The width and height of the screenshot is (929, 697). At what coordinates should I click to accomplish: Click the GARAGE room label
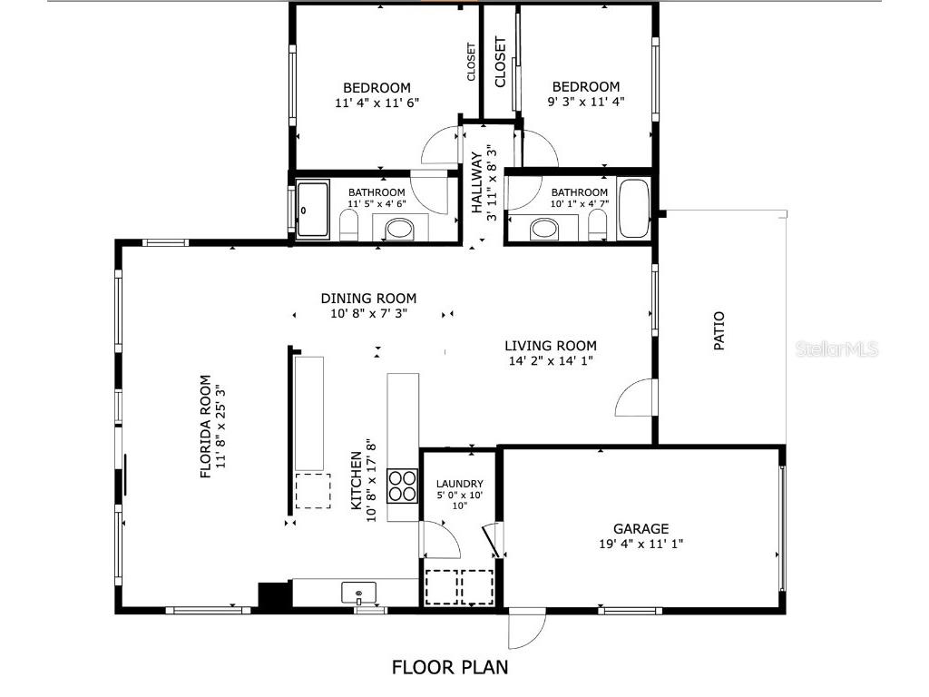(641, 528)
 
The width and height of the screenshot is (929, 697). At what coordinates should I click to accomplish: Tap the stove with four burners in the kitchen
(402, 486)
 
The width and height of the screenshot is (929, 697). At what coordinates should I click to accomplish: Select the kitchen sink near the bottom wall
(359, 594)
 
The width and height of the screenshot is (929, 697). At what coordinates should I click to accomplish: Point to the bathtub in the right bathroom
(633, 209)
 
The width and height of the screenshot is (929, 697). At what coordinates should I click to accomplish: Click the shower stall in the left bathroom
(313, 210)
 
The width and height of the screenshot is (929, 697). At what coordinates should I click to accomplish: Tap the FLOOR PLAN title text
(450, 668)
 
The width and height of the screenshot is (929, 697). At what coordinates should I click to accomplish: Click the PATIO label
(719, 332)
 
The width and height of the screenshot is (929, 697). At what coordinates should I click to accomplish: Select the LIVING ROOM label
(551, 345)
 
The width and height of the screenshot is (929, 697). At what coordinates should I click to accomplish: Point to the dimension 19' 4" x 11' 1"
(641, 544)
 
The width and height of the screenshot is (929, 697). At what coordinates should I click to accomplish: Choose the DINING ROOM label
(368, 298)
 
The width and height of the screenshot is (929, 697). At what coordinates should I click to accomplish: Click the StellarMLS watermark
(836, 348)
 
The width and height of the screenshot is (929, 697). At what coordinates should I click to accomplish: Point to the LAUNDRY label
(459, 484)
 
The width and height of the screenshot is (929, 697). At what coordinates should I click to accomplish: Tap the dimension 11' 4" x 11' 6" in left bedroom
(376, 103)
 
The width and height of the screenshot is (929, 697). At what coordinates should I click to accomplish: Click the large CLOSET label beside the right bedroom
(500, 62)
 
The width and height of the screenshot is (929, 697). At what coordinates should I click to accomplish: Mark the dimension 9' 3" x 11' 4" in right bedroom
(586, 103)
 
